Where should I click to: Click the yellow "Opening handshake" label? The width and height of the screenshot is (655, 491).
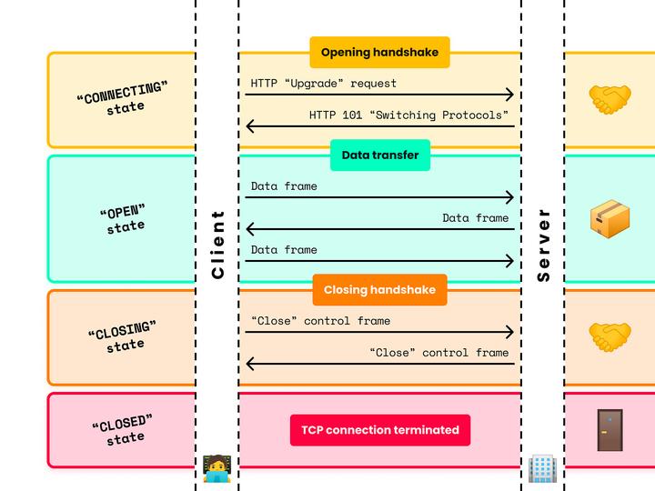coord(379,53)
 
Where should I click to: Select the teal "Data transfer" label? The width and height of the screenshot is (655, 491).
coord(379,155)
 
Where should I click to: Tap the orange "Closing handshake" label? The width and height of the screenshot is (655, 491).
coord(379,290)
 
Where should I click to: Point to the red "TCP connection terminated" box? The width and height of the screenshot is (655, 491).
coord(379,430)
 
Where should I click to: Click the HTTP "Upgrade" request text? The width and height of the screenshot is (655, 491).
coord(323,84)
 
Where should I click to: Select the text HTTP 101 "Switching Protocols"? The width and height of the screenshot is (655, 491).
coord(408,115)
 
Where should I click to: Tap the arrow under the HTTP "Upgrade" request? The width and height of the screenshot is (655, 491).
coord(379,95)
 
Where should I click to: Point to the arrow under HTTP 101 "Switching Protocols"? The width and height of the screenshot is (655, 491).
coord(379,126)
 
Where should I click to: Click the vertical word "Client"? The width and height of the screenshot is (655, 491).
coord(217,245)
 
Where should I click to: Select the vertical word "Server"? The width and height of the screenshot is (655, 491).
coord(543,245)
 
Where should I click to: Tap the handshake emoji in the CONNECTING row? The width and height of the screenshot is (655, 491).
coord(610,99)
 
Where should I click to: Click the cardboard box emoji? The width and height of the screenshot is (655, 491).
coord(610,219)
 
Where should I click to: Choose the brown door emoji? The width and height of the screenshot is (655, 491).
coord(610,430)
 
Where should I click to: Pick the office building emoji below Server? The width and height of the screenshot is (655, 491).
coord(542,468)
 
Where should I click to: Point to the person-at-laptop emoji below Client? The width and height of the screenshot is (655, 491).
coord(217,468)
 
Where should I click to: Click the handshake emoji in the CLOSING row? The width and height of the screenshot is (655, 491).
coord(610,337)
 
